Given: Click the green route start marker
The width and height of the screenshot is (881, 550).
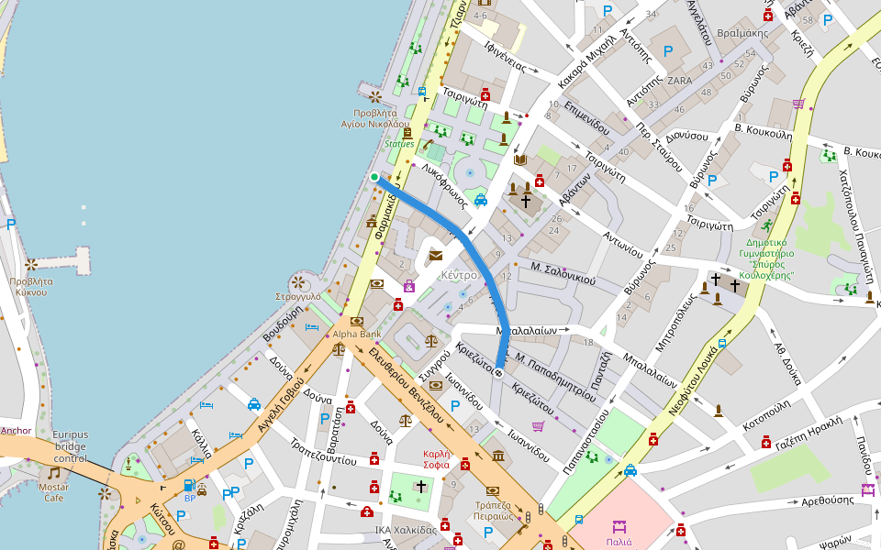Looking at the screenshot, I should pos(374,177).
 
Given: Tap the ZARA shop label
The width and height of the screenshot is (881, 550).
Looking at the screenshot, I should pos(680,81).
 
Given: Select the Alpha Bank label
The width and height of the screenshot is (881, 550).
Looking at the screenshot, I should pos(357,334).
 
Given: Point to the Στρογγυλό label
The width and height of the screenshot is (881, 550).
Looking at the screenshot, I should pos(298,297).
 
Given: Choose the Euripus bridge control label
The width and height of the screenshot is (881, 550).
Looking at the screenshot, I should pos(70,446).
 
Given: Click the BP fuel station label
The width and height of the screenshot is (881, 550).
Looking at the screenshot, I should pos(190,498).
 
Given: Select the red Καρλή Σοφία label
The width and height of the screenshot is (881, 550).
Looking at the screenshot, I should pos(437,459).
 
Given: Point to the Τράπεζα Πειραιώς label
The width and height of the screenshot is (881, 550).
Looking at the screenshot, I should pos(493,510).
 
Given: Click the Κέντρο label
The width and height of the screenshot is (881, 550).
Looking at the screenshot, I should pos(459,275).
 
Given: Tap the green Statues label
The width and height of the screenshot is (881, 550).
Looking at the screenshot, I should pos(399,144).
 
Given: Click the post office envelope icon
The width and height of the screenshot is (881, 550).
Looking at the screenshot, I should pos(435,256).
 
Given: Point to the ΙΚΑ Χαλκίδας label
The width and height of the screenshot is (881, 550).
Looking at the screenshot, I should pos(406,530).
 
